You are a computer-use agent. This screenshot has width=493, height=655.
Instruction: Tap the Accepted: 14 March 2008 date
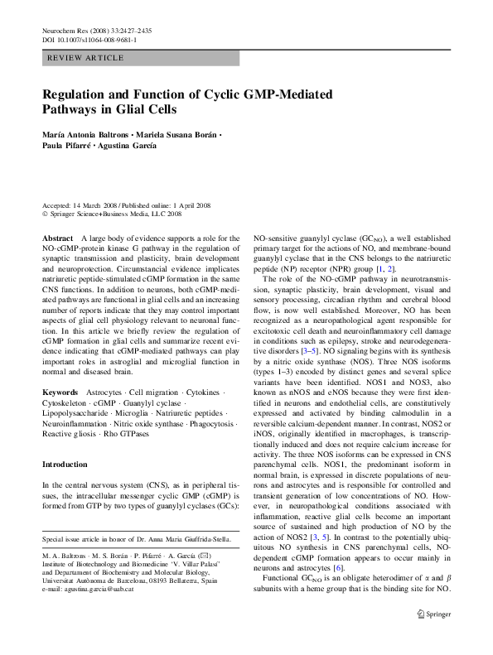80,205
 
